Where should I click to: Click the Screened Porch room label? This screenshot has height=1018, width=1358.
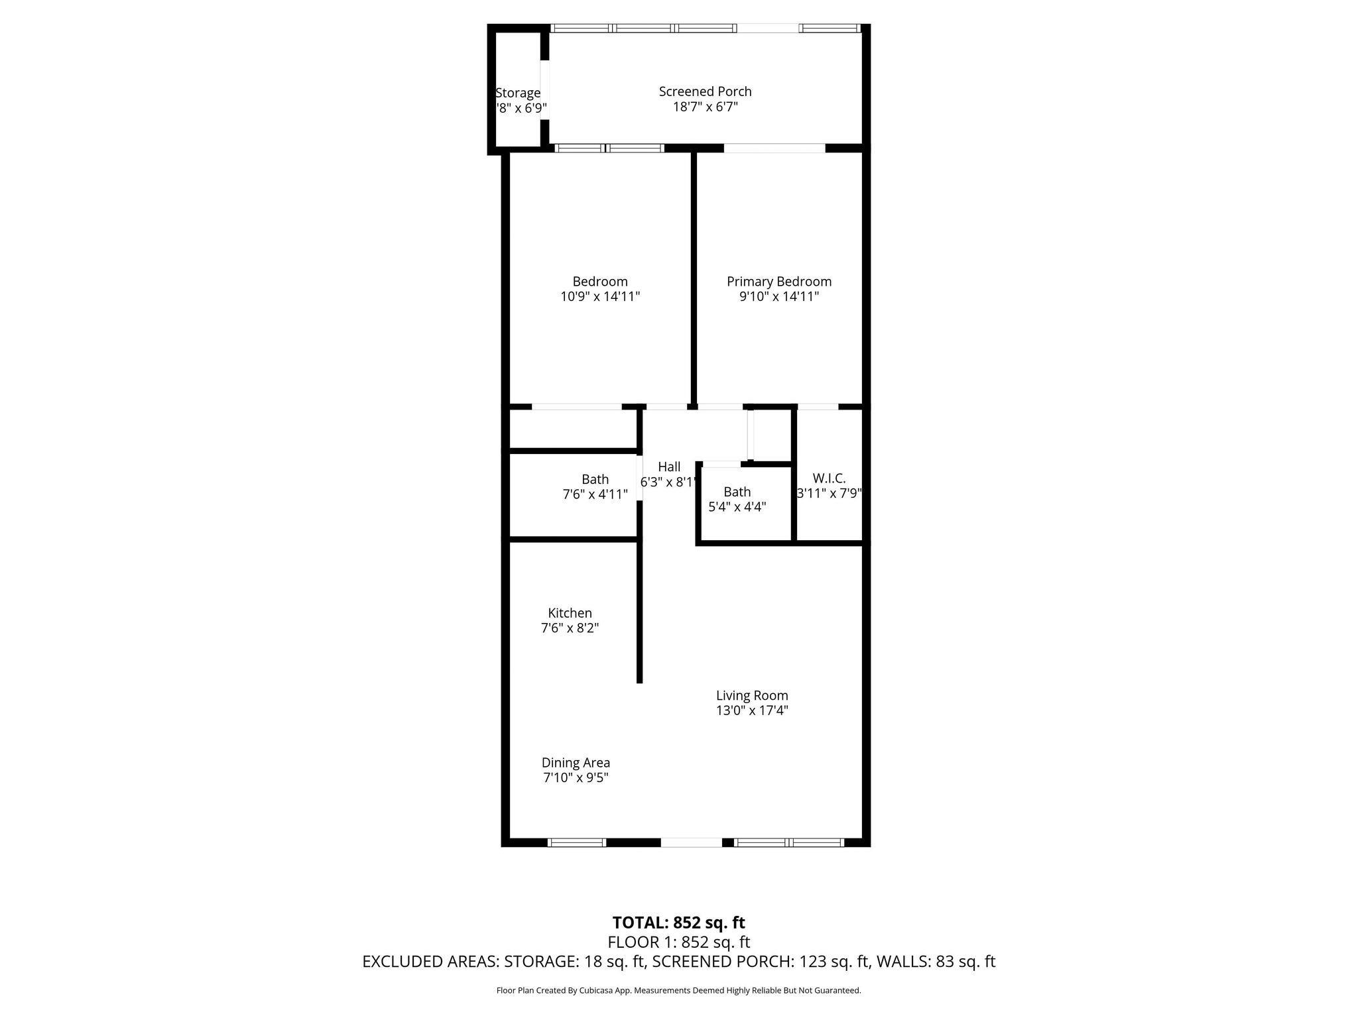705,91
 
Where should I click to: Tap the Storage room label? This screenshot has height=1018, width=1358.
518,93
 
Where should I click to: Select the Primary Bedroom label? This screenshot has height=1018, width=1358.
778,282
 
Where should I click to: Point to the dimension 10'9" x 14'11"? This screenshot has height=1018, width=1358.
600,296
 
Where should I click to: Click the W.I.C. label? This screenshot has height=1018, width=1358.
829,479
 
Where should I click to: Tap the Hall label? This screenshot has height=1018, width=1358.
669,467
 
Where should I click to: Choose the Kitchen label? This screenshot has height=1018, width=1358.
570,613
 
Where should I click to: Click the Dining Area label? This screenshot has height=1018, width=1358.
576,763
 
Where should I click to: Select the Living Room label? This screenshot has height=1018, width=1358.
752,696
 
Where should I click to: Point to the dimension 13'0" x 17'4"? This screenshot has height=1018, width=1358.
752,711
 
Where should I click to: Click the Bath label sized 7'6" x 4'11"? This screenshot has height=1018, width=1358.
595,479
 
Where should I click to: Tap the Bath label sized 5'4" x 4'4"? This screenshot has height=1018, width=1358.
737,492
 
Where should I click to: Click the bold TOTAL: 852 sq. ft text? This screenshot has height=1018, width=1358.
678,923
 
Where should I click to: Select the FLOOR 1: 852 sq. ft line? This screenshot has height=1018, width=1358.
678,942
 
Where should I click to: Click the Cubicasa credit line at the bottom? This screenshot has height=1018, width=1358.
678,991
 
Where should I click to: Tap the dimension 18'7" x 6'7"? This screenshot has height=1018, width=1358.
705,107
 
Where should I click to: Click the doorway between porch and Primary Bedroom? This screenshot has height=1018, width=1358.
774,148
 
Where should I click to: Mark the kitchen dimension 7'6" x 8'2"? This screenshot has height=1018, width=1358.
570,628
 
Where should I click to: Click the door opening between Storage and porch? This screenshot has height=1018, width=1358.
545,90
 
